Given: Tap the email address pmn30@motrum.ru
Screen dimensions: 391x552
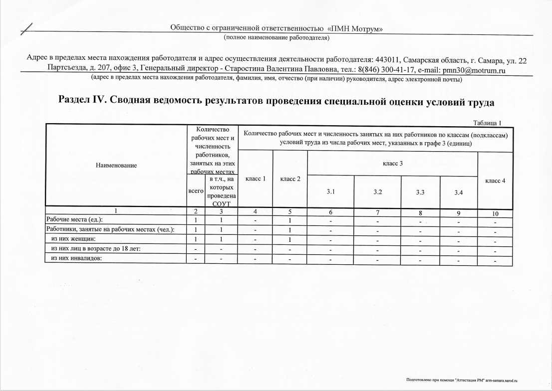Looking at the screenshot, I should click(471, 70).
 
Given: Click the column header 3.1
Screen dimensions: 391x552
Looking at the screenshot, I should click(330, 192).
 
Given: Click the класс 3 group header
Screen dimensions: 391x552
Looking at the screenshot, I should click(392, 164).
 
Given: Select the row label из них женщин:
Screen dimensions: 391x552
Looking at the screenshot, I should click(70, 238).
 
